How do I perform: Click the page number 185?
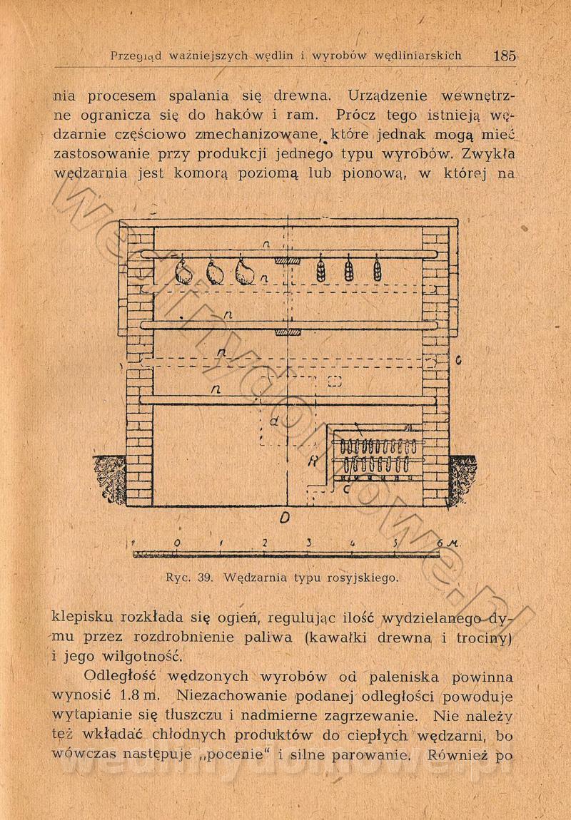point(504,56)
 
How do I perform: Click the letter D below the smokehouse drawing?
point(284,520)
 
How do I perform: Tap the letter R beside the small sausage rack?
point(312,462)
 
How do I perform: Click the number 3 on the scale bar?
point(309,543)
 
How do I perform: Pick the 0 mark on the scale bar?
point(176,543)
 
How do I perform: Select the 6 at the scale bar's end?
point(440,543)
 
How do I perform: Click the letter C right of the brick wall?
point(458,360)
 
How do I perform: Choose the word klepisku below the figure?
point(86,617)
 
